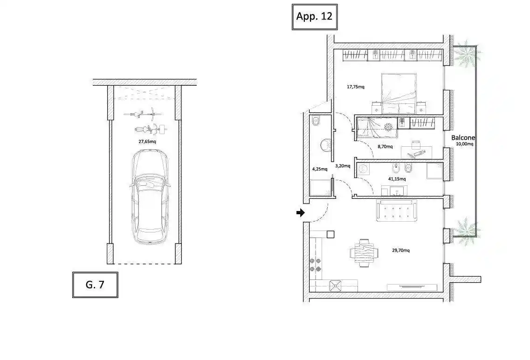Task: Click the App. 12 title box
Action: (315, 17)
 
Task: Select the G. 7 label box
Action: (95, 285)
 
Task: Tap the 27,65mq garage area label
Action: (147, 142)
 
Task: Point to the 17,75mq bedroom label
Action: (356, 87)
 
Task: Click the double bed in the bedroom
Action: (399, 93)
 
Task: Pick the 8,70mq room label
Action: (385, 147)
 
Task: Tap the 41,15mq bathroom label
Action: (397, 179)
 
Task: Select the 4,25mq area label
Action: (319, 169)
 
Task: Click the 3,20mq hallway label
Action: (343, 166)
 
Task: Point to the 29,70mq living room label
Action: (401, 250)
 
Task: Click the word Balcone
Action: (463, 138)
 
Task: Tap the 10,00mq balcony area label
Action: (465, 144)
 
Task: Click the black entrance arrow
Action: (301, 213)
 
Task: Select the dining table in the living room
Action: (364, 253)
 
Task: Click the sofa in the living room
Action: (397, 211)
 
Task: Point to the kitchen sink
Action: (336, 285)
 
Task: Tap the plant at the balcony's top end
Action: (466, 54)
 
